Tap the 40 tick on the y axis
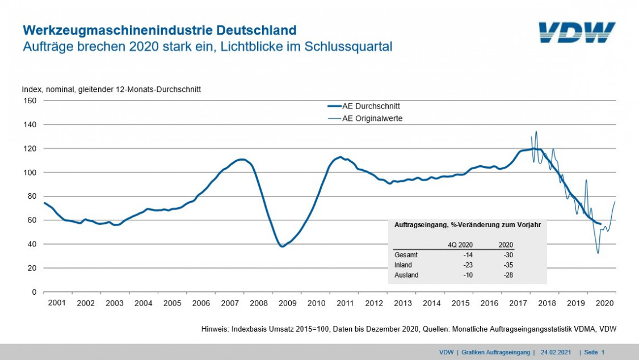(32, 244)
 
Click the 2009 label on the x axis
(288, 303)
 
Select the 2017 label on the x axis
(519, 303)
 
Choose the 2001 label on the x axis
(57, 303)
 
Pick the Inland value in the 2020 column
(508, 265)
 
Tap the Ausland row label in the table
(406, 275)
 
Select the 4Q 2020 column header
(461, 245)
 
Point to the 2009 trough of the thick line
(282, 246)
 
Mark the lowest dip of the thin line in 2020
(598, 253)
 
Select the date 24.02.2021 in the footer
(557, 353)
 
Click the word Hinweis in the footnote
(215, 329)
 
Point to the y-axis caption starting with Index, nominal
(111, 90)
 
